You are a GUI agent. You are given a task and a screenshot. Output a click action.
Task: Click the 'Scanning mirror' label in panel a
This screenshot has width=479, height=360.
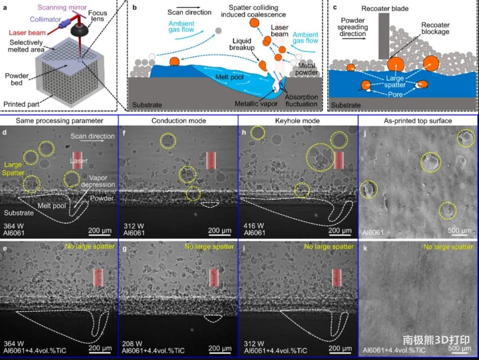[62, 7]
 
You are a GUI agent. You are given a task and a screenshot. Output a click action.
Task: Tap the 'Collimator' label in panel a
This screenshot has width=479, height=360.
[46, 19]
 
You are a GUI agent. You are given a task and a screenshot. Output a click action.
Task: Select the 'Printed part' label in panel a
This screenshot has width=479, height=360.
[21, 104]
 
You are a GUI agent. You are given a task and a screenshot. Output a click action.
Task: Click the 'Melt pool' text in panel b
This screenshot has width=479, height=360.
[229, 77]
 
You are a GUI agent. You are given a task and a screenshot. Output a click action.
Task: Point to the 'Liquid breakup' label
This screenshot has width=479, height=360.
[242, 44]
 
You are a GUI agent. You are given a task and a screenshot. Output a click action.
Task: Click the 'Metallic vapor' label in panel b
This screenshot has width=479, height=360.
[256, 104]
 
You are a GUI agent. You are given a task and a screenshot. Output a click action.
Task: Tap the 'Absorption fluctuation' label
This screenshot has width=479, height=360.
[302, 100]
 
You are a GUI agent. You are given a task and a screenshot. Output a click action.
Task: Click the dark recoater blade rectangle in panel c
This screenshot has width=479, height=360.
[384, 36]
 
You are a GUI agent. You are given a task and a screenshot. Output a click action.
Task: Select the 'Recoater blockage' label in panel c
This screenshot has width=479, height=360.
[436, 28]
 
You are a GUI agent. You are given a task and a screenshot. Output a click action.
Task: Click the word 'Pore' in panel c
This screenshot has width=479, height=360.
[395, 95]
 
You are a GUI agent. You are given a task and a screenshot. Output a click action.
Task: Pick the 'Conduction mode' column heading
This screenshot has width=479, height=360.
[179, 121]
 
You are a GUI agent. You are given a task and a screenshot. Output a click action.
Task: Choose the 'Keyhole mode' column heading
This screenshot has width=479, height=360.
[297, 121]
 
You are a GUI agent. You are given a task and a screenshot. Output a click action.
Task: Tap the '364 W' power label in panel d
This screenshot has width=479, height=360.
[13, 226]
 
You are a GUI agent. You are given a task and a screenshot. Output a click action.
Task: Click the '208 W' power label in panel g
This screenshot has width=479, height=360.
[132, 344]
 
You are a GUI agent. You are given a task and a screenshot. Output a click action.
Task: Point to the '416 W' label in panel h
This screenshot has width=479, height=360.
[254, 226]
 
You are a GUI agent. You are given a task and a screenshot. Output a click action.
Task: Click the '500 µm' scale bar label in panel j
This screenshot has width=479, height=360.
[459, 230]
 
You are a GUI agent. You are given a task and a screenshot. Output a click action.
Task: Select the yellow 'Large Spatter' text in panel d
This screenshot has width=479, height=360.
[13, 169]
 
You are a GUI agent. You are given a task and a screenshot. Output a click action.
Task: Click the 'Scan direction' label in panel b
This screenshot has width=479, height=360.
[189, 12]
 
